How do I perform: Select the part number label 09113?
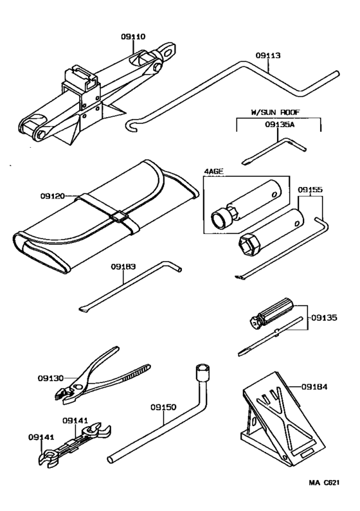(x=268, y=56)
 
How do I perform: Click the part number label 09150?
(x=163, y=406)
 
